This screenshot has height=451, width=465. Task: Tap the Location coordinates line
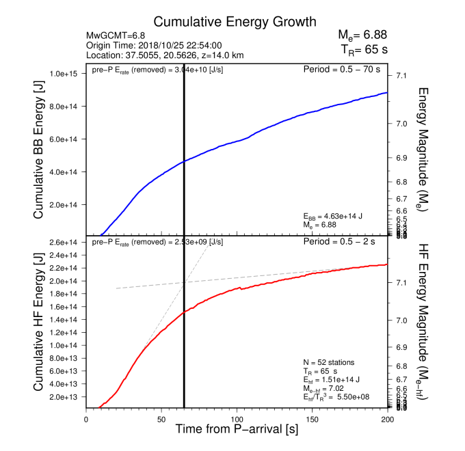(165, 55)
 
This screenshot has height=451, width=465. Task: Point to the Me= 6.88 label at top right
(364, 35)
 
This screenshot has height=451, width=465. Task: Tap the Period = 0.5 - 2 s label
(345, 242)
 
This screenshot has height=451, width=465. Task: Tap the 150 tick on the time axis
(312, 419)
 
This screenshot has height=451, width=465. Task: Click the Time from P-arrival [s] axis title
(237, 430)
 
